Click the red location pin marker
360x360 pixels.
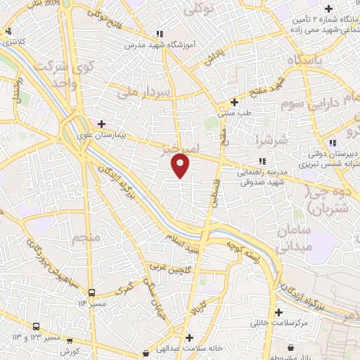point(181,165)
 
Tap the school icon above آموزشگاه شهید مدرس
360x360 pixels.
point(160,34)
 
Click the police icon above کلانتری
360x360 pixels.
point(8,31)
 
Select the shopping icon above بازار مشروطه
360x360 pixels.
point(291,347)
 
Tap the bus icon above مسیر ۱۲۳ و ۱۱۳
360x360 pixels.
point(36,326)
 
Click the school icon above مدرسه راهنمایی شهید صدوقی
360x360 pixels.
point(262,160)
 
